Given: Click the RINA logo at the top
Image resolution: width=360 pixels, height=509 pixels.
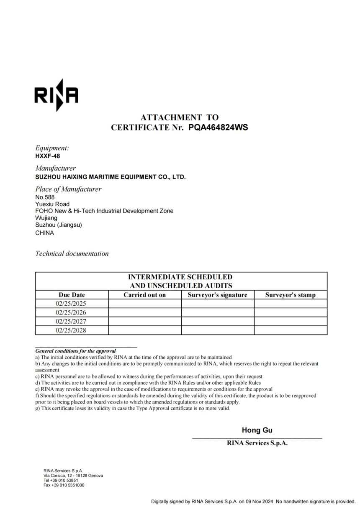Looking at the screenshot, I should tap(56, 95).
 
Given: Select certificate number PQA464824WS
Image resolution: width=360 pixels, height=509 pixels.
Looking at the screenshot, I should tap(218, 128).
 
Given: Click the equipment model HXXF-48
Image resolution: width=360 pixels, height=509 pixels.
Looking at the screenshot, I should tap(47, 156).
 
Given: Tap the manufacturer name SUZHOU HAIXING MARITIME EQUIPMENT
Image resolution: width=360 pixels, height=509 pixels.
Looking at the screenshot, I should tap(110, 177).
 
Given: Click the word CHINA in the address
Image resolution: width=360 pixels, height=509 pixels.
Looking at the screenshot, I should tap(44, 233).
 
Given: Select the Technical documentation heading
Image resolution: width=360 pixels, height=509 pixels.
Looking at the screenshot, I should tap(72, 253).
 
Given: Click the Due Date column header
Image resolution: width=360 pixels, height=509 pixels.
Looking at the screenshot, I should tap(72, 295).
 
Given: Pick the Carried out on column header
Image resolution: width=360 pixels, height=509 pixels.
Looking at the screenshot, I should tap(144, 295).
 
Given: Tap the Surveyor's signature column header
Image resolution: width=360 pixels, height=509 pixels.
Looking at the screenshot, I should tap(217, 295).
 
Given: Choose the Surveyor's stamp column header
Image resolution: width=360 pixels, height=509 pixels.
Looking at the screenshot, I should tap(290, 295).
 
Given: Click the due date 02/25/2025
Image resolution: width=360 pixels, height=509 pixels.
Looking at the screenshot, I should tap(71, 304).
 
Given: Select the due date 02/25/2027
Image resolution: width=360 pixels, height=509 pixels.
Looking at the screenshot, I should tap(71, 322).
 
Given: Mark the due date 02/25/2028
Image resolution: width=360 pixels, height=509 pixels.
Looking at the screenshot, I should tap(71, 330).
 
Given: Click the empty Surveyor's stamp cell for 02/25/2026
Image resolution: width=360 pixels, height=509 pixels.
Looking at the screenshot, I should tap(291, 312).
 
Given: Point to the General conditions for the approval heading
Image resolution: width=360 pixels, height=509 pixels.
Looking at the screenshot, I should tap(75, 351).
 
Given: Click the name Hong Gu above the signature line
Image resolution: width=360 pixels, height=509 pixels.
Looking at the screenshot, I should tap(257, 430).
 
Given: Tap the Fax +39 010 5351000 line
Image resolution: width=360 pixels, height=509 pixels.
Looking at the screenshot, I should tap(64, 485).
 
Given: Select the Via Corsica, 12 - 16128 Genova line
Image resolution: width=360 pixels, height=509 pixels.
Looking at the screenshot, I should tap(73, 476).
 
